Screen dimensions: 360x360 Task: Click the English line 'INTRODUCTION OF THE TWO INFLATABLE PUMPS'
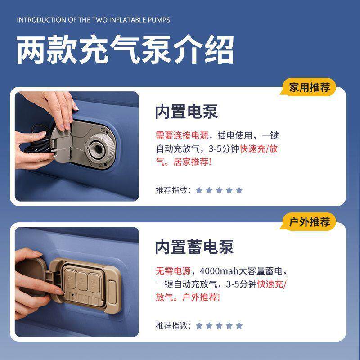[93, 20]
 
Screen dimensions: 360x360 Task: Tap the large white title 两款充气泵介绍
[126, 50]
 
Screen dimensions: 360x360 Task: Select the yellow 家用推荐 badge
[308, 87]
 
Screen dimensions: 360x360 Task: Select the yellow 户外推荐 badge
[308, 222]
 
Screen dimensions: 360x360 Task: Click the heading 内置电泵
[186, 112]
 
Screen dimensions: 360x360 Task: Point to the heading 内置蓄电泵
[194, 247]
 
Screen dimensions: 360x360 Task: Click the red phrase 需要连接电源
[182, 135]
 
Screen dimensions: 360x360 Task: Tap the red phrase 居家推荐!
[192, 162]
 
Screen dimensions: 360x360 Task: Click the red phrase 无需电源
[173, 271]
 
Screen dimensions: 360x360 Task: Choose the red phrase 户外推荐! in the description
[201, 297]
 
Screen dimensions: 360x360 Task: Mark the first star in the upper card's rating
[199, 190]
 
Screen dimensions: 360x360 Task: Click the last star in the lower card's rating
[239, 325]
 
